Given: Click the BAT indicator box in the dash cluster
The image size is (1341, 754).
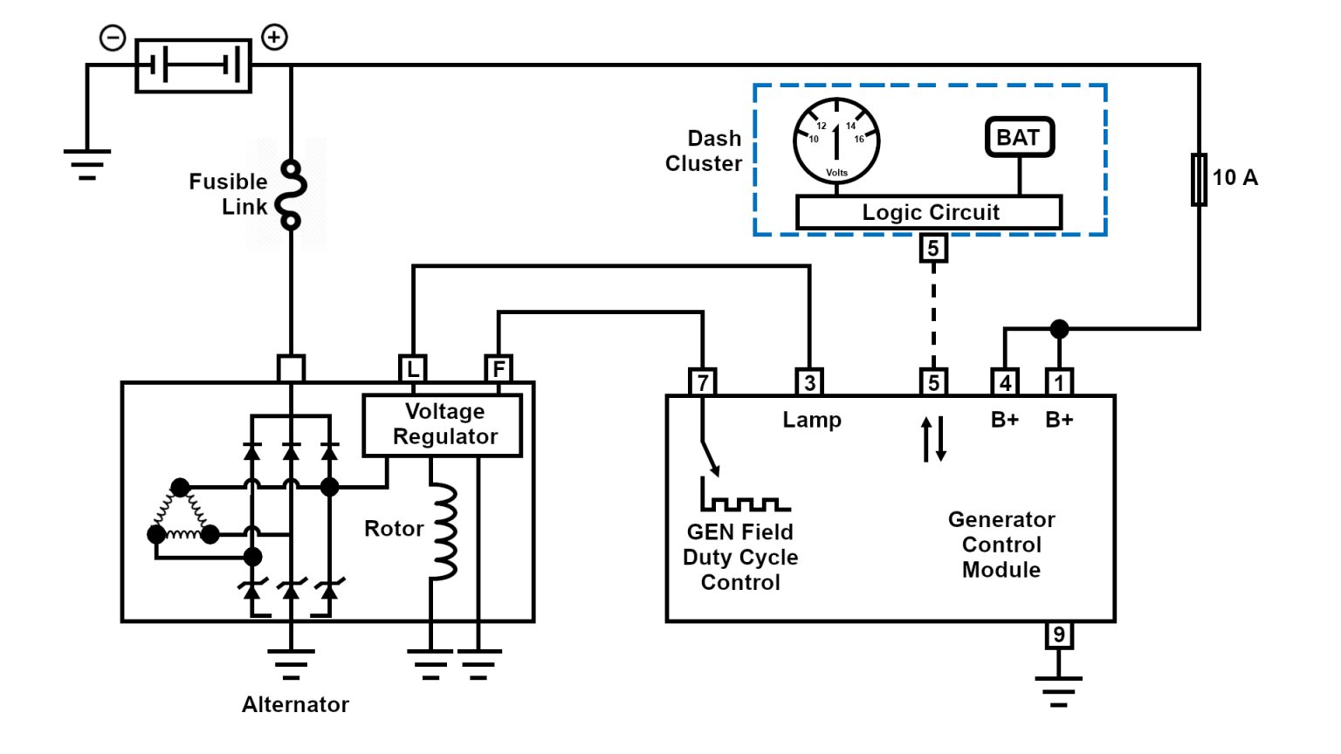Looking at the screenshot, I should click(x=1019, y=138).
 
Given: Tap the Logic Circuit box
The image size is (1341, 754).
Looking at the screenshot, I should click(x=929, y=212).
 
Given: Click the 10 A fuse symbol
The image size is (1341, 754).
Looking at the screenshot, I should click(x=1200, y=179).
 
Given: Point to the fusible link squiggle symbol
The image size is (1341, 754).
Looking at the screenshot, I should click(x=291, y=195).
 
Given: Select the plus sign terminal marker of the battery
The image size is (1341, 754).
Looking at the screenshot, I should click(x=275, y=37).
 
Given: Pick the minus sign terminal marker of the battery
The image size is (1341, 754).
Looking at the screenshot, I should click(x=113, y=38).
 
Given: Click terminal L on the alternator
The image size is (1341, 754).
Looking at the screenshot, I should click(x=412, y=368).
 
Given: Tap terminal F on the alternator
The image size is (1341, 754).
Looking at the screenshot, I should click(x=499, y=368).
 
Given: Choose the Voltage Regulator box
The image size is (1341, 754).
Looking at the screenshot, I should click(x=443, y=425).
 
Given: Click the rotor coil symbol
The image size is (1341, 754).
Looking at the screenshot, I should click(x=444, y=531).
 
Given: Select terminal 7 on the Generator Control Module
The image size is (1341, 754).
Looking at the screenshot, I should click(x=702, y=382).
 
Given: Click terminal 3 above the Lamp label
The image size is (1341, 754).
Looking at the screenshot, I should click(x=809, y=382).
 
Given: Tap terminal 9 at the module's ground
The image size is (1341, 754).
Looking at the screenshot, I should click(x=1058, y=634).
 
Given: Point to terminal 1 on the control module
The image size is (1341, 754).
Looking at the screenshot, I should click(x=1059, y=382).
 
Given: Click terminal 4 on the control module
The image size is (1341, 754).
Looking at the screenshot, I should click(x=1005, y=382).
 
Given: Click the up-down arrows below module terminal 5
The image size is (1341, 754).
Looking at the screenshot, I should click(x=933, y=439).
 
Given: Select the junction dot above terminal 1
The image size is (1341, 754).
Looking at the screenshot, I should click(x=1059, y=329).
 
